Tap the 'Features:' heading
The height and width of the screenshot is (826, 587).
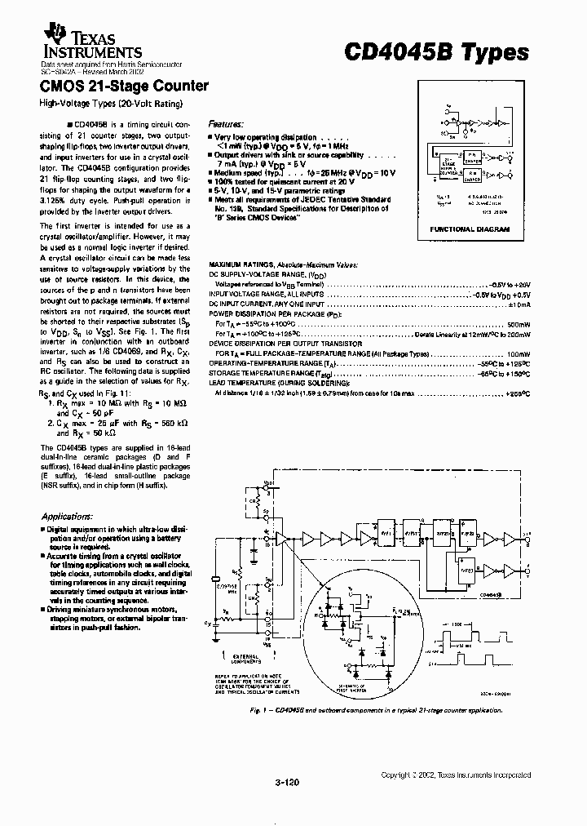point(226,123)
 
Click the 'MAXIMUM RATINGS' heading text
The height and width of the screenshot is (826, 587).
point(241,264)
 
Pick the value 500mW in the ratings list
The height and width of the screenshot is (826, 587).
point(519,323)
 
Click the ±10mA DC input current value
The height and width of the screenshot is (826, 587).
point(519,304)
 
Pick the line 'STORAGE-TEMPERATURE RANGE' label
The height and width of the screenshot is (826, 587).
point(261,372)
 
